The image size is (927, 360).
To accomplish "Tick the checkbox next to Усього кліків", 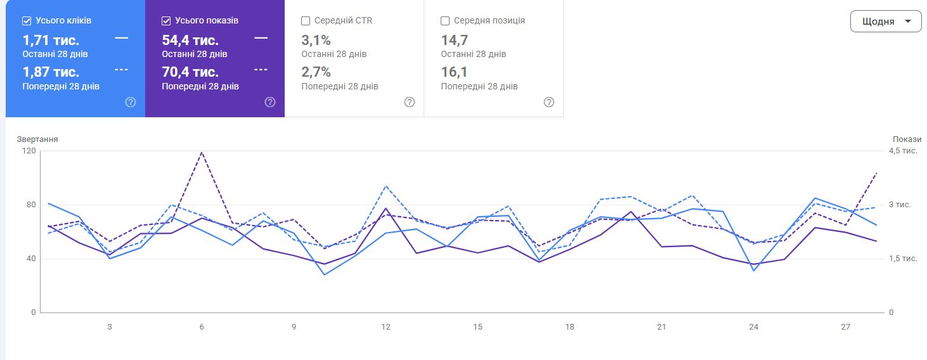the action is tap(27, 21).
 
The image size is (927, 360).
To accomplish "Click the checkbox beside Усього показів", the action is tap(166, 21).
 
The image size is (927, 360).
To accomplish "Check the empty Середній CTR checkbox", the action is tap(306, 21).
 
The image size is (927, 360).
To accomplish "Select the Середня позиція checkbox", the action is tap(445, 21).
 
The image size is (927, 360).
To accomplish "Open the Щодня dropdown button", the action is tap(886, 21).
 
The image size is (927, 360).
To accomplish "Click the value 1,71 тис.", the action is tap(51, 40).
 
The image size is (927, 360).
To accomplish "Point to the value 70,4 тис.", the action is tap(190, 72).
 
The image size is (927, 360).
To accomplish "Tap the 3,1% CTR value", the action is tap(316, 40).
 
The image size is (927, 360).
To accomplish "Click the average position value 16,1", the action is tap(454, 72).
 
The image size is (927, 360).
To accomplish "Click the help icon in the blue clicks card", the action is tap(131, 102).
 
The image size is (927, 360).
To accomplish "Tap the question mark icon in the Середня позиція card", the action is tap(548, 102).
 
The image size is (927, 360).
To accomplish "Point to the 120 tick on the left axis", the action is tap(29, 151).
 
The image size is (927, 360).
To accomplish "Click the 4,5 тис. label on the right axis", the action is tap(903, 151).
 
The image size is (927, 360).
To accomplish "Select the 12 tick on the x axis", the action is tap(386, 327).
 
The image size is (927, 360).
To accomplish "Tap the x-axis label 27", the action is tap(845, 327).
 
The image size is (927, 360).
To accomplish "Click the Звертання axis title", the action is tap(37, 139).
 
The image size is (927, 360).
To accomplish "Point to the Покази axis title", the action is tap(907, 139).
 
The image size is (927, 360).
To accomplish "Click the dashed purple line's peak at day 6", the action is tap(202, 152).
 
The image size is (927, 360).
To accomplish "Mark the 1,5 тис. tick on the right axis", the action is tap(903, 259).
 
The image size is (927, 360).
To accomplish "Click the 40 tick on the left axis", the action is tap(31, 259).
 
